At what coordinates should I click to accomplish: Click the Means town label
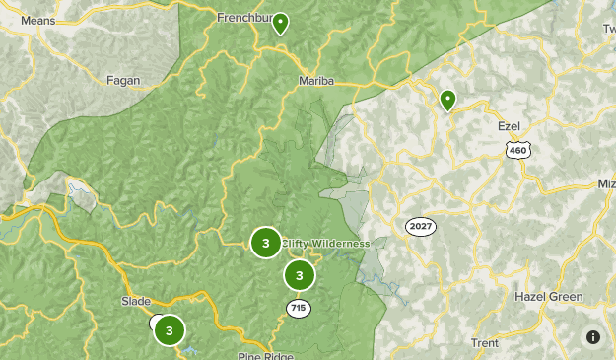36,20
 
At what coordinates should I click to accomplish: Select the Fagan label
123,81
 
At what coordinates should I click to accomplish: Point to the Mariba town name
316,81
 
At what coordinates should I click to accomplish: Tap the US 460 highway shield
516,149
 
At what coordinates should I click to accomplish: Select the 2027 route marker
420,227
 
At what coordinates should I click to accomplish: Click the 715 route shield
299,309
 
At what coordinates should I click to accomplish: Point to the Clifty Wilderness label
325,244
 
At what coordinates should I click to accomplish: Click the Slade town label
135,301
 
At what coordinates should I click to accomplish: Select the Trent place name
485,343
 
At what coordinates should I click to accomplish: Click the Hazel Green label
548,296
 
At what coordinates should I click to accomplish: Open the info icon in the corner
592,337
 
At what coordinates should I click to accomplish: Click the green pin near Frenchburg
281,23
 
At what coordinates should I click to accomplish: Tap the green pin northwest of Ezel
448,100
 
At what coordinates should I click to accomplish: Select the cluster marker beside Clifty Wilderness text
265,243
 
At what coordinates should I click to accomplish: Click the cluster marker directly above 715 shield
300,275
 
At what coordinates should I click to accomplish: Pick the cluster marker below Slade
170,330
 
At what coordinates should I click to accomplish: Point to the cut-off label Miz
605,184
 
